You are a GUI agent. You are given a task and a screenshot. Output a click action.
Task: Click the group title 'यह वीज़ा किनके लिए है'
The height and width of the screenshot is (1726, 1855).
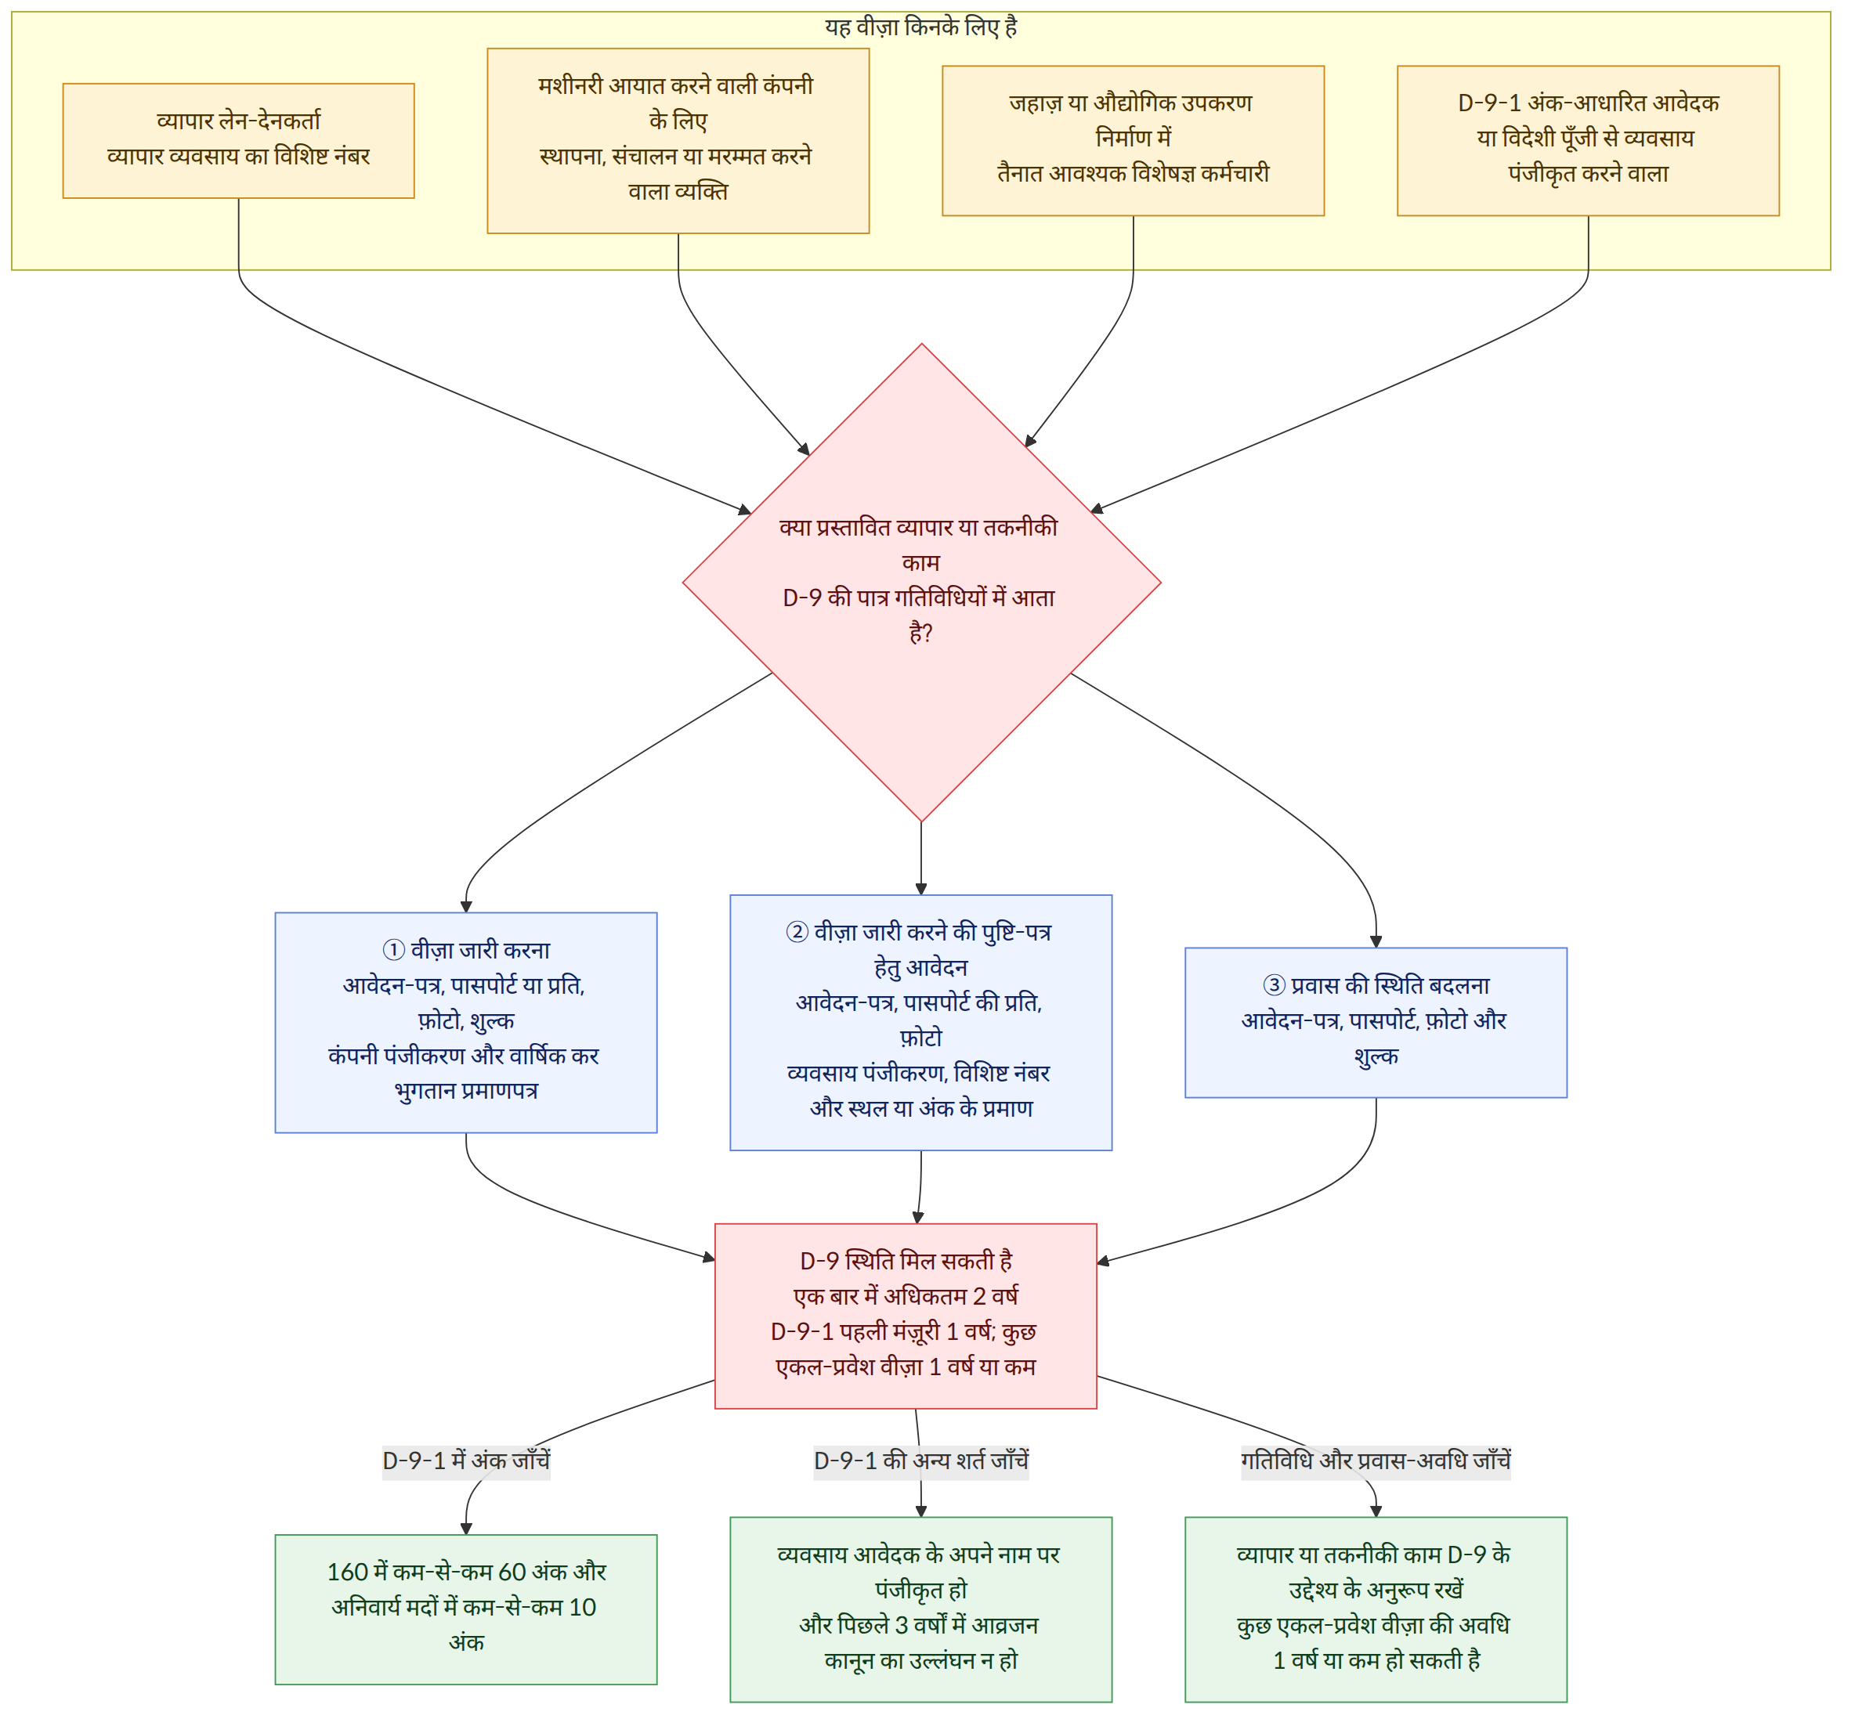click(921, 27)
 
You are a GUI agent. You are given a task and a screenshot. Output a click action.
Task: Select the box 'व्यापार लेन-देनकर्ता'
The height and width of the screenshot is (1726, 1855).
click(239, 141)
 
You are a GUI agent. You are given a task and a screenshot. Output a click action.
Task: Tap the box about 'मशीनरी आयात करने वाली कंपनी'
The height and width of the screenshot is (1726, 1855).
click(678, 141)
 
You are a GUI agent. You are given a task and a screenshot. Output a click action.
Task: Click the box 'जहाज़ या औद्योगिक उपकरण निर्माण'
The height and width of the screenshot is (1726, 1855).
click(1133, 141)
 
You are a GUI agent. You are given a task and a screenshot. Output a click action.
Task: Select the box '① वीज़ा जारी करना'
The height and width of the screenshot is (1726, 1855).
click(467, 1023)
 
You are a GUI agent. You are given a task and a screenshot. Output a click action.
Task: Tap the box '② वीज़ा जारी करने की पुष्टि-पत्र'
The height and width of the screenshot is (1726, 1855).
click(921, 1023)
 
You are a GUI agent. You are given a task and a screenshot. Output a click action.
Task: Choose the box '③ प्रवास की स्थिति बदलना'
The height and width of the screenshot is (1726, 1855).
click(1376, 1023)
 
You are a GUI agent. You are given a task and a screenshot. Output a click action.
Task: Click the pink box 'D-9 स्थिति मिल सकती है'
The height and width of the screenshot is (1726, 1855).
click(906, 1316)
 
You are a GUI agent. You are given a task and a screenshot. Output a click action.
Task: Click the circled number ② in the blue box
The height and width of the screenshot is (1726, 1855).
click(797, 932)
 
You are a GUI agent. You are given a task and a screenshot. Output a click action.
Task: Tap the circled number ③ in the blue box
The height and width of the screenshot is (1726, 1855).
click(1275, 985)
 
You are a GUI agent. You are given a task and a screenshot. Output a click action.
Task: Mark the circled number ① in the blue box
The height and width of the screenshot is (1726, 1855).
click(394, 950)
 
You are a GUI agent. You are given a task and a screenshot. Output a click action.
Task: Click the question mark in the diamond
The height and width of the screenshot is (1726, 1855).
click(927, 633)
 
